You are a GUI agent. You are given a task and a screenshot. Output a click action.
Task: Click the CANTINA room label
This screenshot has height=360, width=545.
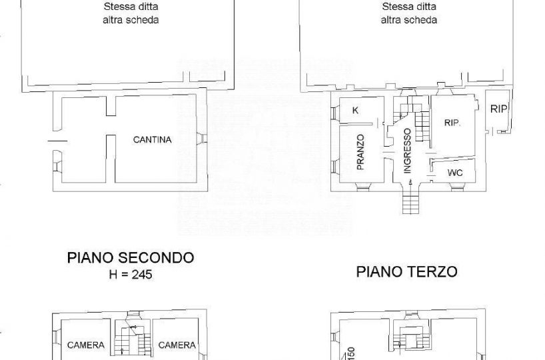tap(152, 140)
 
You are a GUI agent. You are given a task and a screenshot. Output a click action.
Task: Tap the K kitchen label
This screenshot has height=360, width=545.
tap(355, 111)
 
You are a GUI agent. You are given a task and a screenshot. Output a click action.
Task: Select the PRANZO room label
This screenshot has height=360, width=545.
tap(360, 152)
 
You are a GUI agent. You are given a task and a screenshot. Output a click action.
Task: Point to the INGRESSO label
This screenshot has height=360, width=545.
tap(407, 151)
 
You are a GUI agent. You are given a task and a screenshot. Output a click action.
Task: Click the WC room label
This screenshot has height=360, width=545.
tap(455, 173)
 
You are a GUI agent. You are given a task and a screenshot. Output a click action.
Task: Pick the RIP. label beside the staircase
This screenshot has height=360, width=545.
tap(452, 123)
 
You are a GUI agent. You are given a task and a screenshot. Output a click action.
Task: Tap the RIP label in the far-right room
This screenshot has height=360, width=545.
tap(498, 109)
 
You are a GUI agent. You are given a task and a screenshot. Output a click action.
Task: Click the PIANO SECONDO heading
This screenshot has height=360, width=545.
tap(131, 258)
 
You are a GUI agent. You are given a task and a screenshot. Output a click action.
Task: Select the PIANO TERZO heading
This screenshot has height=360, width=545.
tap(406, 271)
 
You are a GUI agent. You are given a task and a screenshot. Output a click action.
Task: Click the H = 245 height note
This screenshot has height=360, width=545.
tap(131, 275)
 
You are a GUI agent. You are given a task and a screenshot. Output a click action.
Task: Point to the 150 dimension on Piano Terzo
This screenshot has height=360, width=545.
tap(351, 353)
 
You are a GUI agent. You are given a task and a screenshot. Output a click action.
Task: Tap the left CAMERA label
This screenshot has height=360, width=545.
tap(86, 345)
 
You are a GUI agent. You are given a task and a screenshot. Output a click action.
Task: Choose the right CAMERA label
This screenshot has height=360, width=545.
tap(177, 345)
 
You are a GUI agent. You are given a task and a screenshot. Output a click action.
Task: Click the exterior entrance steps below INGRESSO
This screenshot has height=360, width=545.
tap(411, 202)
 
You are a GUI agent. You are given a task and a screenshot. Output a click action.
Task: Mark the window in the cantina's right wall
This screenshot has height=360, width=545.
tap(202, 139)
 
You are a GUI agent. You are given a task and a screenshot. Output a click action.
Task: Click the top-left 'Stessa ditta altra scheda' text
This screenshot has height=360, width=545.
tap(131, 13)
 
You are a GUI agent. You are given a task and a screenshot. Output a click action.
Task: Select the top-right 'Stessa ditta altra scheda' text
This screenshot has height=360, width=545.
tap(409, 13)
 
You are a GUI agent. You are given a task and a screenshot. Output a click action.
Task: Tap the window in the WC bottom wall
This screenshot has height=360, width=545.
tap(458, 187)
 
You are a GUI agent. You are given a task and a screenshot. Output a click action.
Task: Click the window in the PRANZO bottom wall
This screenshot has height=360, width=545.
tap(363, 187)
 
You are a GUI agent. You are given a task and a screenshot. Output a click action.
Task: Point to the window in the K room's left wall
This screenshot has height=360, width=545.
tap(334, 113)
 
